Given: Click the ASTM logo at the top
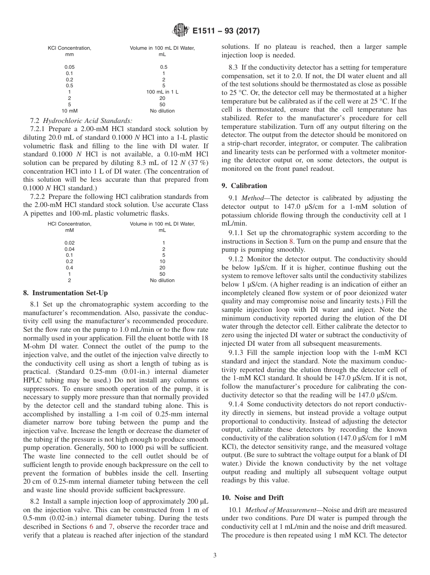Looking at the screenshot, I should [180, 31].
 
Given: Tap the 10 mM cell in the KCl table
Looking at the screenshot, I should [69, 111].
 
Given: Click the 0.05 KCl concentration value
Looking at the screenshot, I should [69, 67].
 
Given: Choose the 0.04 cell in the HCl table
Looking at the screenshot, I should [69, 249].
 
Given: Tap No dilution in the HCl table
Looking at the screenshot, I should [162, 280].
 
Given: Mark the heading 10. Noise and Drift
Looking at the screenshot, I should [252, 498].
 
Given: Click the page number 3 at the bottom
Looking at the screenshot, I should [215, 556].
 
